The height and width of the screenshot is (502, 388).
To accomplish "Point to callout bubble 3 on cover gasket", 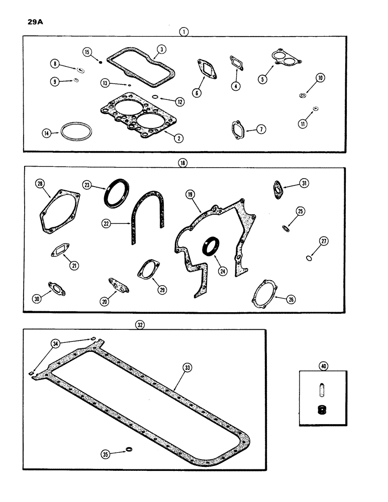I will (161, 49).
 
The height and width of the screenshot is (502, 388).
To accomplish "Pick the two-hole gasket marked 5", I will (284, 59).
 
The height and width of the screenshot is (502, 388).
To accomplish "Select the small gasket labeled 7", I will (238, 129).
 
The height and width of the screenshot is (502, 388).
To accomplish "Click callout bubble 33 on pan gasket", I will (186, 368).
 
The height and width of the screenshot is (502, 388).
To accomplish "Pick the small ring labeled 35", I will (129, 449).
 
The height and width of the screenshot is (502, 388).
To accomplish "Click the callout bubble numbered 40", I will (323, 366).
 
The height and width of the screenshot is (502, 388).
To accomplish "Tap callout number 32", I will (140, 325).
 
